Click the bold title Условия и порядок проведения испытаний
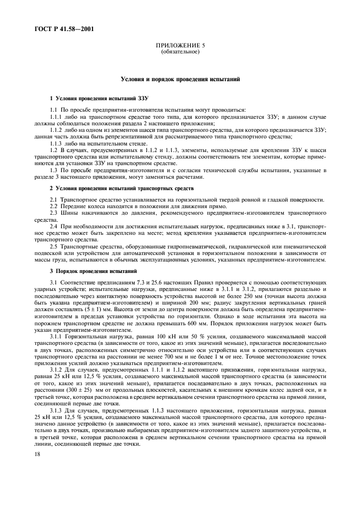coord(180,80)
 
